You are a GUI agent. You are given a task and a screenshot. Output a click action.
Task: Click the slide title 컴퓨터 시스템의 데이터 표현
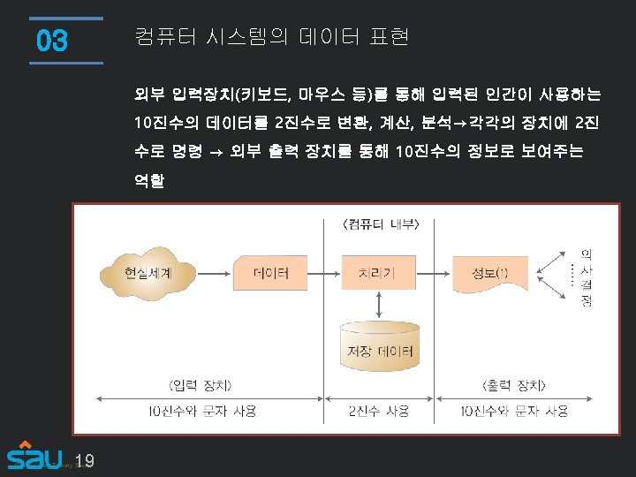tap(271, 37)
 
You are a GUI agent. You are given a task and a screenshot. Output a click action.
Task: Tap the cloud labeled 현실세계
tap(148, 273)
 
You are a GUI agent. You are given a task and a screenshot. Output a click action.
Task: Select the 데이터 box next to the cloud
tap(269, 273)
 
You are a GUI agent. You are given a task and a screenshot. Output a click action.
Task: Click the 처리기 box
tap(377, 273)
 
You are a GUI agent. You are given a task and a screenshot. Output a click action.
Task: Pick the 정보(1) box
tap(488, 273)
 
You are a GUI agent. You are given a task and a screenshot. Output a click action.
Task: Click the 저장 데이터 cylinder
tap(377, 346)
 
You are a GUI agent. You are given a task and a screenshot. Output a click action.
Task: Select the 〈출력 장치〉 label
tap(514, 386)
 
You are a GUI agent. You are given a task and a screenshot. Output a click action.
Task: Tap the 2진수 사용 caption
tap(379, 411)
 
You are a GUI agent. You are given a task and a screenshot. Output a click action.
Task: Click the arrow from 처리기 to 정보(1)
tap(433, 273)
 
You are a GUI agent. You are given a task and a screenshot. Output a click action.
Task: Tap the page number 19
tap(85, 461)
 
